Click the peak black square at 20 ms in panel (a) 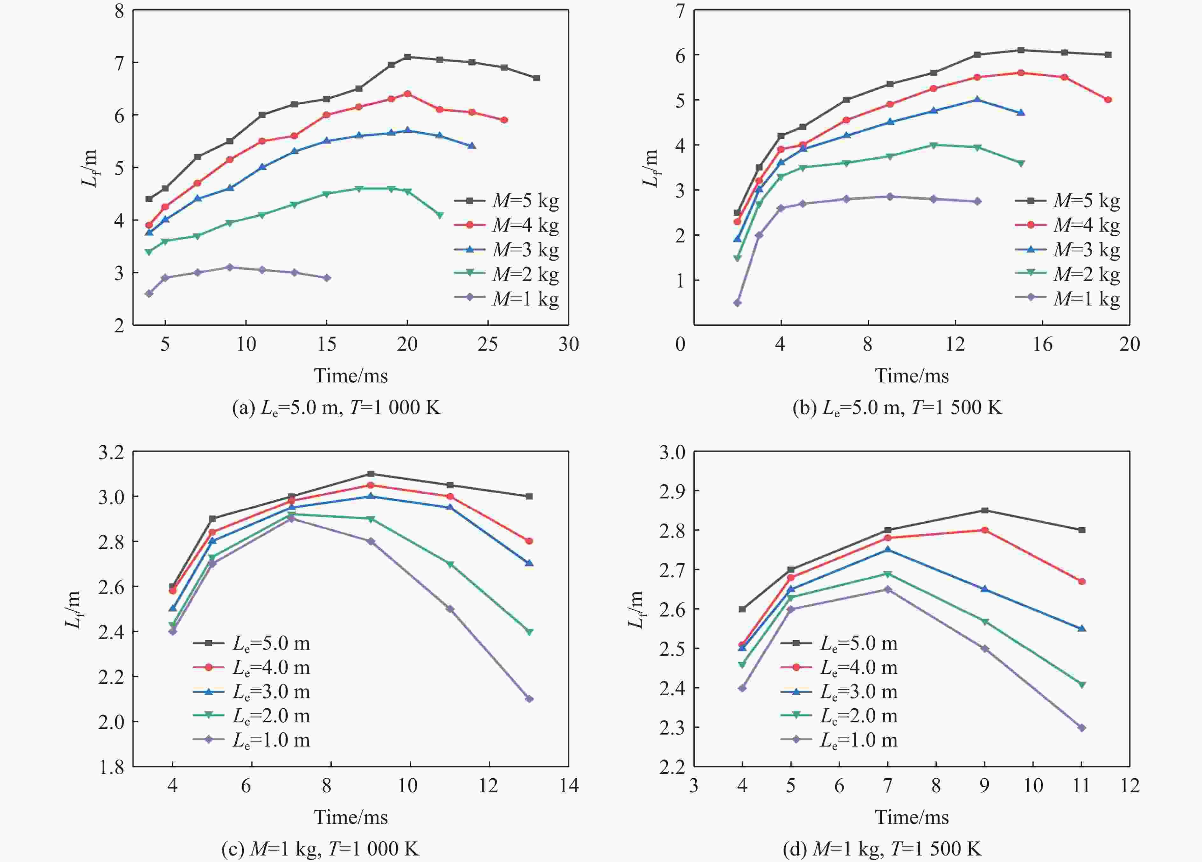point(407,57)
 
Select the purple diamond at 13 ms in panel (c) point(529,699)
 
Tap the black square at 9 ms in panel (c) point(371,473)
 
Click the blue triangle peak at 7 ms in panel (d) point(888,550)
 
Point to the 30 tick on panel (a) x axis point(568,344)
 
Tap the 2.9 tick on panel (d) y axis point(672,491)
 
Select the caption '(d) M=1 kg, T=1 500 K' point(882,849)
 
